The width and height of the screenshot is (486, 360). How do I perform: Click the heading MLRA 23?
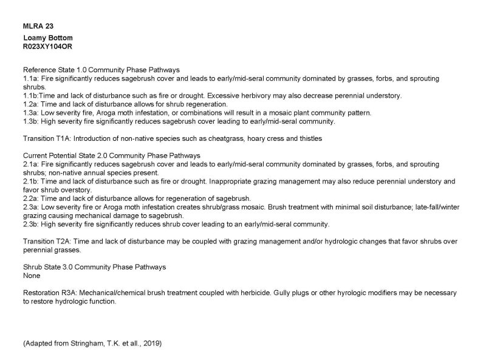(x=36, y=27)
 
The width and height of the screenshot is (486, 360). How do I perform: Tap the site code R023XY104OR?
(x=50, y=46)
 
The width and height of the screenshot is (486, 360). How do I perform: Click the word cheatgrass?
(x=225, y=138)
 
